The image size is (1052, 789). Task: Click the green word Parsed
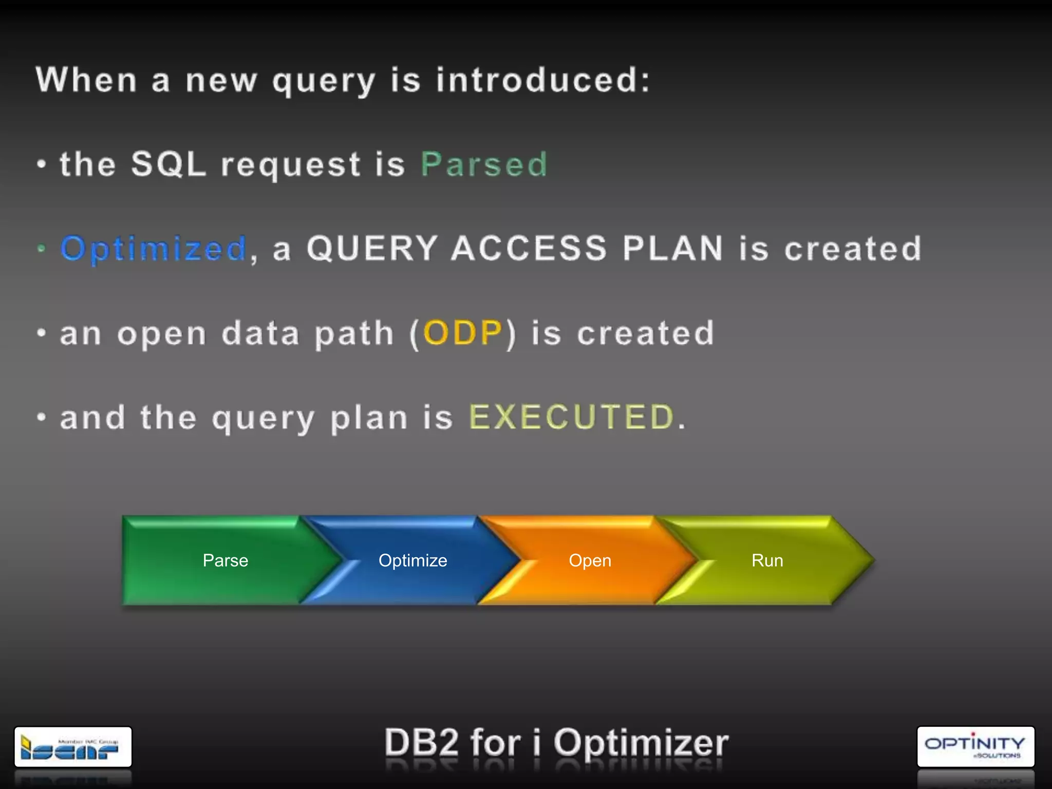point(484,165)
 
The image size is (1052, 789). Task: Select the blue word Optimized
point(154,249)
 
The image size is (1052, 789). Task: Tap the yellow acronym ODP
point(462,333)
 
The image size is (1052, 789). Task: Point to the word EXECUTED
point(571,417)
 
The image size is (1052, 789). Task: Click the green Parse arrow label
point(226,560)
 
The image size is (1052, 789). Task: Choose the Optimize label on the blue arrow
point(412,560)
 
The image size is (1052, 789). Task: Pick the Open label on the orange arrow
point(590,560)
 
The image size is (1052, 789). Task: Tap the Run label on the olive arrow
point(767,560)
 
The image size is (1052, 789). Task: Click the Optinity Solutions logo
point(975,747)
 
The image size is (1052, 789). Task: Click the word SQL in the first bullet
point(168,165)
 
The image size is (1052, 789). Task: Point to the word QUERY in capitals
point(372,249)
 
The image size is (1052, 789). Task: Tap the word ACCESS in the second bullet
point(529,249)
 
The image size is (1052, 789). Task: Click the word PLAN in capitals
point(673,249)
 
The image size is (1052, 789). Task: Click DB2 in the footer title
point(421,743)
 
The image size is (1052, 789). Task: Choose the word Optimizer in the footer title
point(641,743)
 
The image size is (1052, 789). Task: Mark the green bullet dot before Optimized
point(42,249)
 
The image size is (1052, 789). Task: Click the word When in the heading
point(86,81)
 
